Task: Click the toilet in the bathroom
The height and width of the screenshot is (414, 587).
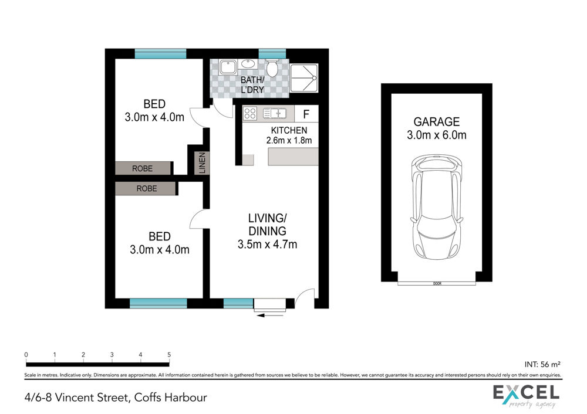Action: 272,67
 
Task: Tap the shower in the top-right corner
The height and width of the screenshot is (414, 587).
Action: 303,78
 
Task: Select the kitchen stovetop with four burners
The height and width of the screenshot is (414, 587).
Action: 249,113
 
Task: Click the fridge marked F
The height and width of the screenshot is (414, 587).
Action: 306,114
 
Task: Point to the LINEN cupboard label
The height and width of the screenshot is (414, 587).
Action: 202,162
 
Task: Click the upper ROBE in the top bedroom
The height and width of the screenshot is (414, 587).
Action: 142,168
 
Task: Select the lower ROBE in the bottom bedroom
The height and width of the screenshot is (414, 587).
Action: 146,188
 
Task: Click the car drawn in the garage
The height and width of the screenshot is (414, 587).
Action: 436,207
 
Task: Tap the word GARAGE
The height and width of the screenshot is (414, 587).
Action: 437,121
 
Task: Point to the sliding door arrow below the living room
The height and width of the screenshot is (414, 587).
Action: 270,315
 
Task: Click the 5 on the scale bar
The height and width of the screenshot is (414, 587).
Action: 169,355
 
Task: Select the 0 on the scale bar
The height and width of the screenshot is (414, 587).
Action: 26,355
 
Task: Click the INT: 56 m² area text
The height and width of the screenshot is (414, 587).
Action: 542,364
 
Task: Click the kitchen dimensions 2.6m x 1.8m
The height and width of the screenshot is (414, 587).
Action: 289,141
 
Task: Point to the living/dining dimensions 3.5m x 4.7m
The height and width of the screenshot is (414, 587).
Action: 267,244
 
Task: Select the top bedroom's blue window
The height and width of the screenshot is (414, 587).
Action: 161,54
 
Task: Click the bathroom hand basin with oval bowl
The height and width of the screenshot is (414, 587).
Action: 248,64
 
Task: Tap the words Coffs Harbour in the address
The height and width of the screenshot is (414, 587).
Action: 170,397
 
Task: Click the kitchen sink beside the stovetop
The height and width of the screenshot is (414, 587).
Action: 275,113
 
